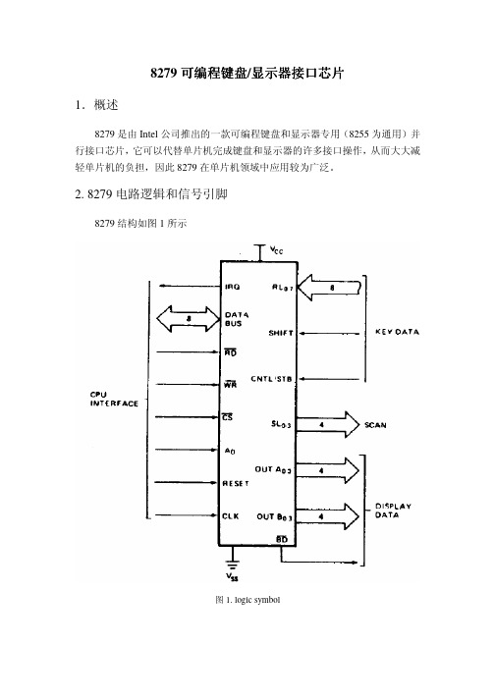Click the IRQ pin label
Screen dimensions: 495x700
(233, 287)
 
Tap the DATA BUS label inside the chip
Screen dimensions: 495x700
(237, 319)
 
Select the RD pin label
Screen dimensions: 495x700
(231, 352)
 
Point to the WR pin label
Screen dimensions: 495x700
(231, 385)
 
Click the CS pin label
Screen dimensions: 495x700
(228, 417)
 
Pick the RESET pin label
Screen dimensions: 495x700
(236, 483)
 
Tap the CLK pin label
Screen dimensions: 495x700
(231, 516)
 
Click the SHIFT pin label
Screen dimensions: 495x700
(281, 333)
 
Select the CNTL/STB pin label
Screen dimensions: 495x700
(271, 379)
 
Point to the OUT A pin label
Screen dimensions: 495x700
(273, 469)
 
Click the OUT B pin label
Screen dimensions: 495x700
(274, 517)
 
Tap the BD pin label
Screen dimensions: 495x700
(282, 539)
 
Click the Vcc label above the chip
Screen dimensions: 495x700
(277, 250)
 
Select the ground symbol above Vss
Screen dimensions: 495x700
(232, 564)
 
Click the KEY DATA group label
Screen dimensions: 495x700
(397, 332)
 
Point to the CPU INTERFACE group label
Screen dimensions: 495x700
(114, 400)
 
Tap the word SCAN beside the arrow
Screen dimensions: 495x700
(375, 425)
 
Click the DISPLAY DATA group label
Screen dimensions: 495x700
(393, 511)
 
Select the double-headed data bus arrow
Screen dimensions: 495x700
(189, 319)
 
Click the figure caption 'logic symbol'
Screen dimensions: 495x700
(257, 600)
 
